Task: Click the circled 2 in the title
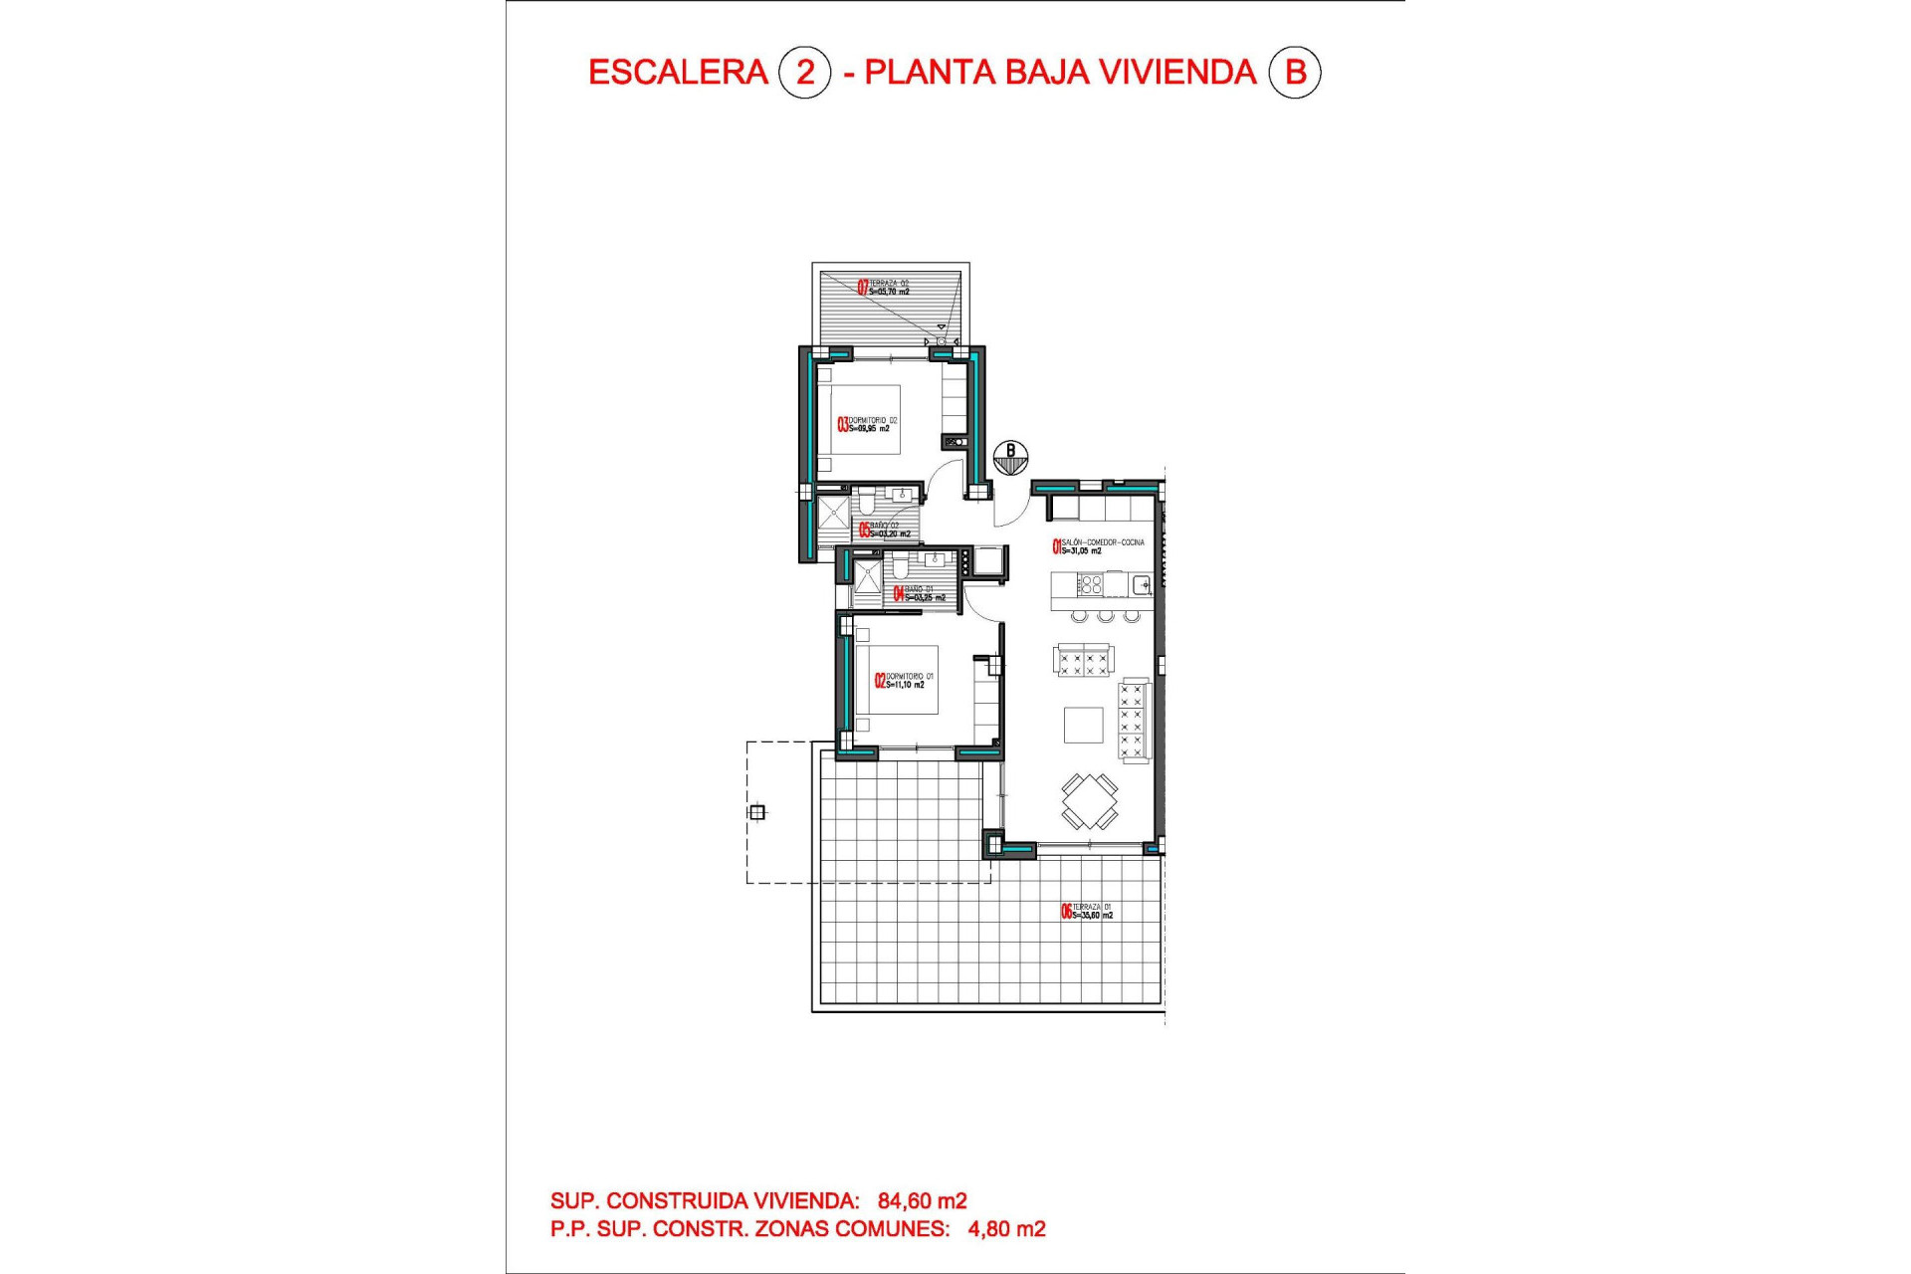(x=804, y=73)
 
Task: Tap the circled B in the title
(x=1295, y=73)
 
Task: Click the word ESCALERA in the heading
(x=678, y=73)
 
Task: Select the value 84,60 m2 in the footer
(x=922, y=1201)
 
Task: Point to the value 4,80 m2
(x=1006, y=1229)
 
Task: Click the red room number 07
(x=863, y=288)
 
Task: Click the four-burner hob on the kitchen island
(x=1091, y=584)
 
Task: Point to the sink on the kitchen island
(x=1142, y=584)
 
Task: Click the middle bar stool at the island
(x=1106, y=617)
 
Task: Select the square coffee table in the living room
(x=1083, y=725)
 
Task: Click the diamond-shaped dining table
(x=1089, y=800)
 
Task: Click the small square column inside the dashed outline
(x=757, y=812)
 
